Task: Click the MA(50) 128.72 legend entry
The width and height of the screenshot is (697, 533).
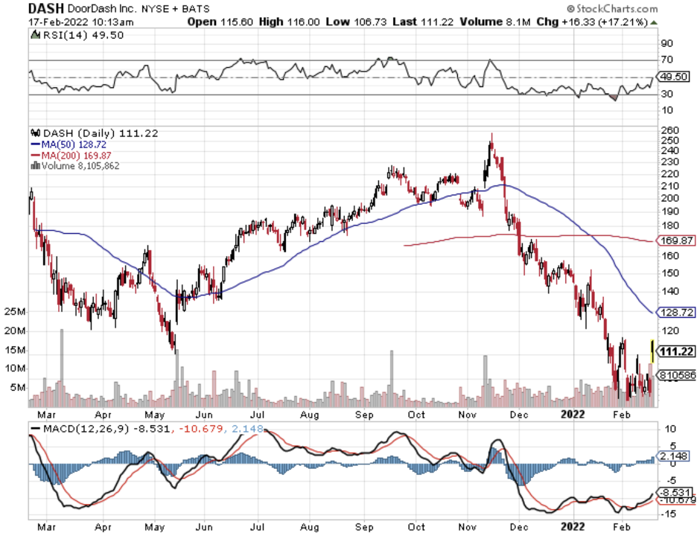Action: pos(66,144)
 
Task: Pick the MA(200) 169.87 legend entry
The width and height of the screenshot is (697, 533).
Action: pos(69,155)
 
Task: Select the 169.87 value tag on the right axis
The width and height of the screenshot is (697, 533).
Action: pos(677,240)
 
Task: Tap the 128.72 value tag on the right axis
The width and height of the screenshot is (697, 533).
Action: pos(677,313)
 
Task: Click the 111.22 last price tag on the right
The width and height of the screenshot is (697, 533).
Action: pos(677,349)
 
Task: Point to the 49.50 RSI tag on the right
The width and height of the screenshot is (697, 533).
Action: pos(677,77)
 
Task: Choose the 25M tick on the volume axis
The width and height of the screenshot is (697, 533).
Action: pos(15,311)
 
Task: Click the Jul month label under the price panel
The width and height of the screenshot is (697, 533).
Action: pos(258,415)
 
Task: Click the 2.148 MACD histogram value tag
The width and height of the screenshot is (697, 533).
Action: pos(676,455)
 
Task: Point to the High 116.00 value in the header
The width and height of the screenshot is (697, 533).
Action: pos(290,22)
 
